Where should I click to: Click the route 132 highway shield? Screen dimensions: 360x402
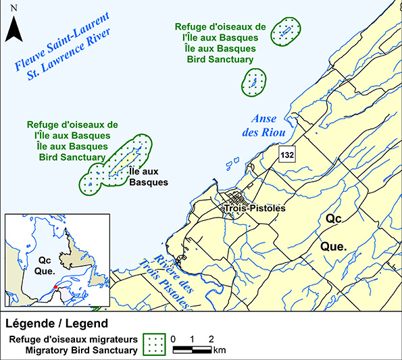tap(286, 155)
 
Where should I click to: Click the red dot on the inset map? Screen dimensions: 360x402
tap(55, 286)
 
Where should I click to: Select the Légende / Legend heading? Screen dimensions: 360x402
tap(57, 323)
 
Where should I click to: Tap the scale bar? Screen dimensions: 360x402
tap(193, 350)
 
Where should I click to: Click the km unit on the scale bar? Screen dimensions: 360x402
tap(220, 351)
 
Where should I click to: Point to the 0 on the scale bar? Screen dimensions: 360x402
tap(174, 338)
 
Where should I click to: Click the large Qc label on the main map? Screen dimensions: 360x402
tap(333, 220)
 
